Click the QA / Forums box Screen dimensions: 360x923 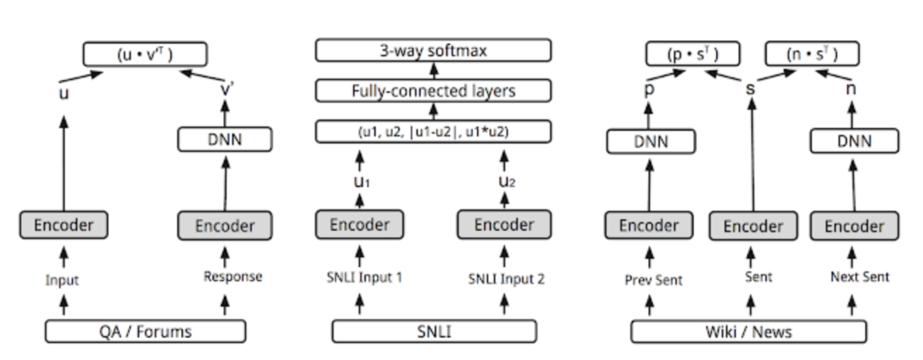(x=145, y=332)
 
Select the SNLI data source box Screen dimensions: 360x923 (x=435, y=332)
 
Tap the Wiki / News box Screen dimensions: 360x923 (x=748, y=332)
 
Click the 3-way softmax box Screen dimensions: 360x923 (x=434, y=52)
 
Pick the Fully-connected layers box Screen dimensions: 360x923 (x=434, y=91)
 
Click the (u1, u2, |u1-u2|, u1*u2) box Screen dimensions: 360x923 (x=434, y=132)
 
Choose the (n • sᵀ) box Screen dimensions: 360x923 (x=811, y=54)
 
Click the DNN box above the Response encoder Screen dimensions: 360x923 (x=225, y=139)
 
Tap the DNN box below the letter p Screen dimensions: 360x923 (x=651, y=141)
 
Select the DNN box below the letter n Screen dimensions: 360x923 (x=854, y=141)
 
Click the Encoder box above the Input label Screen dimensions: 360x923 (x=64, y=225)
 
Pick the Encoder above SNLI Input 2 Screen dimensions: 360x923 (x=503, y=225)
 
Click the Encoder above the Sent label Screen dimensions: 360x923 (x=752, y=226)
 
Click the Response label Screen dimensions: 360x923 (x=233, y=277)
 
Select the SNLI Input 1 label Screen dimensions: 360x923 (x=360, y=278)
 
